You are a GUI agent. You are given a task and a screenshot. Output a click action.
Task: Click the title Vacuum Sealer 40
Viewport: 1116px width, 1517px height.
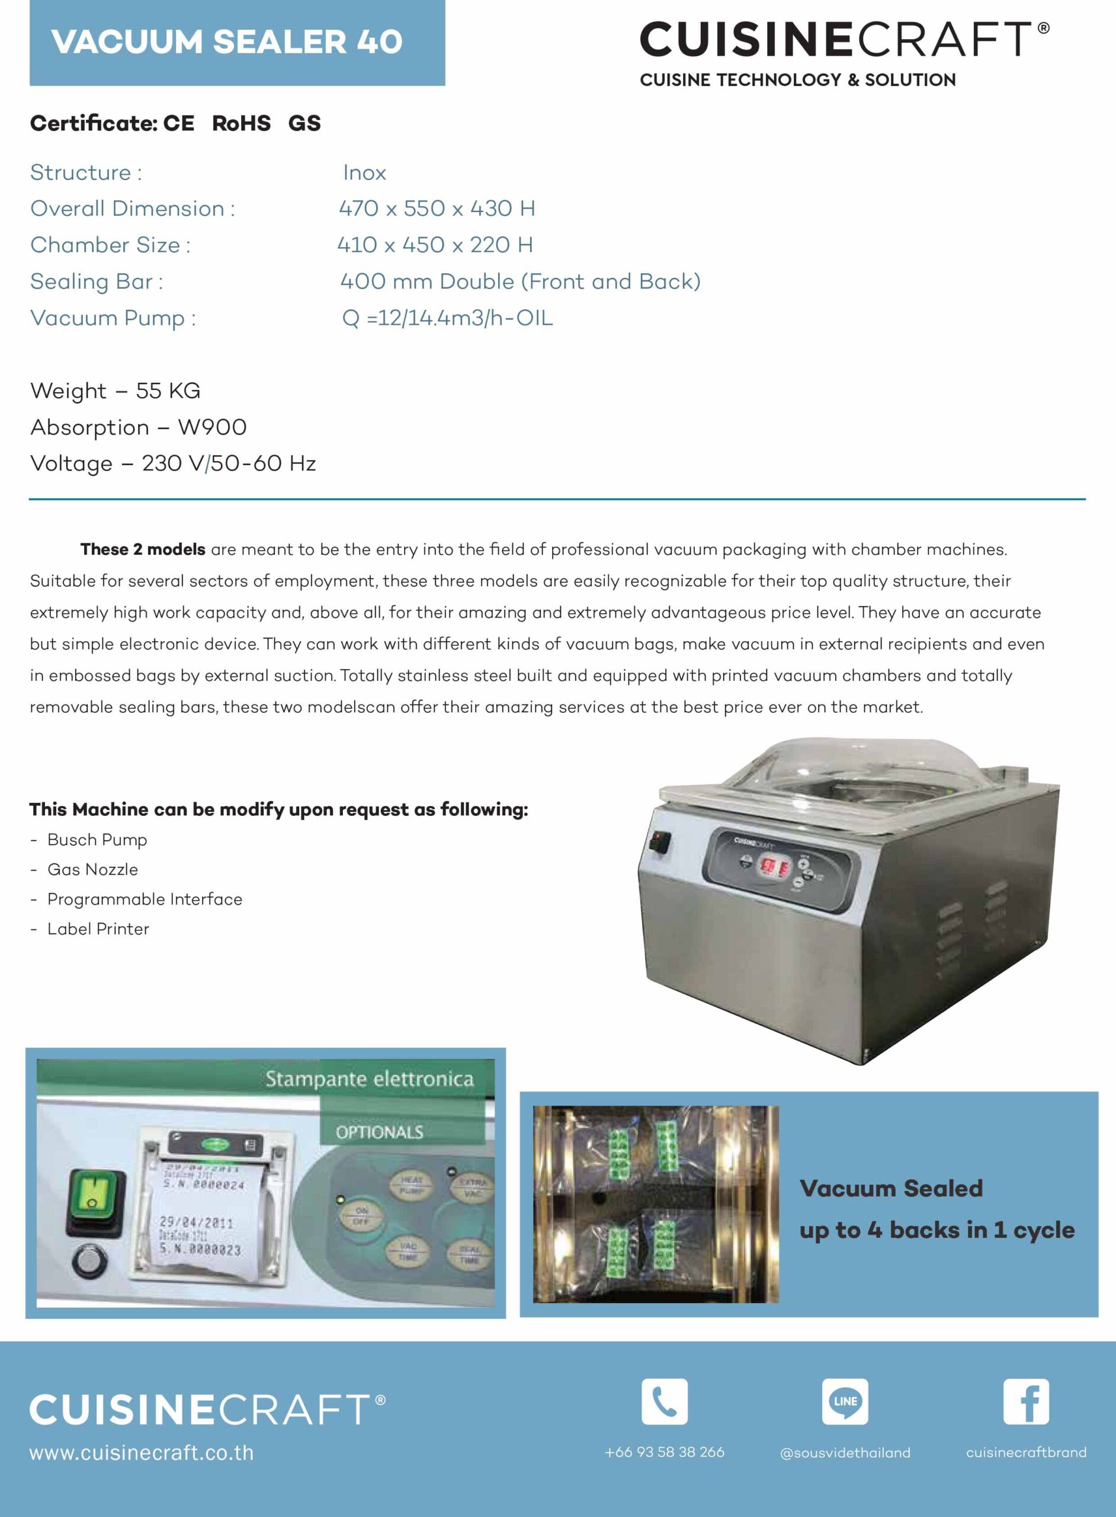[x=226, y=42]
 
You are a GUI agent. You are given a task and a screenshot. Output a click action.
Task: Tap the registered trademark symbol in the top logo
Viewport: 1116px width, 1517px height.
[x=1043, y=28]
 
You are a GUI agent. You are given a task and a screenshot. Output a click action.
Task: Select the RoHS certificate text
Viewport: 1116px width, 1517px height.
[x=241, y=123]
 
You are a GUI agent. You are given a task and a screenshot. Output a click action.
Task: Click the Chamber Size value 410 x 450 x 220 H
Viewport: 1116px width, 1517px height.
[x=435, y=245]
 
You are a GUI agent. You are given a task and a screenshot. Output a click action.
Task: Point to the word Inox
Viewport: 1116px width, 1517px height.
[x=364, y=173]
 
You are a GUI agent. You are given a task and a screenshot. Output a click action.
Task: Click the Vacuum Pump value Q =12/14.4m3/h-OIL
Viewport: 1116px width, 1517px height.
[x=447, y=318]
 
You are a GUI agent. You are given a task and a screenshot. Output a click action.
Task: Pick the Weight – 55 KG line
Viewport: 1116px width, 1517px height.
[x=116, y=391]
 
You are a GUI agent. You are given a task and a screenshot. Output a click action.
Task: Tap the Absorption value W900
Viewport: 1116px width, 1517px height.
[x=212, y=427]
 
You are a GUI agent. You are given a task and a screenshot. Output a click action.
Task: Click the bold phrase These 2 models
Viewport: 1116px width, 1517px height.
[x=143, y=549]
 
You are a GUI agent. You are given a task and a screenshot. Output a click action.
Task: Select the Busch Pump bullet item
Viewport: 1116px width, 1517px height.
[x=97, y=840]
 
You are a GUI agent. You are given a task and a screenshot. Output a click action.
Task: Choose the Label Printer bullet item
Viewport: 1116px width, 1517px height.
[x=98, y=929]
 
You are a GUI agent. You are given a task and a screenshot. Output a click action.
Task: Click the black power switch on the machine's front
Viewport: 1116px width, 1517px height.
[x=660, y=843]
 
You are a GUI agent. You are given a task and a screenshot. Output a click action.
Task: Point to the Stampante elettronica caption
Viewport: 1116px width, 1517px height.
[x=369, y=1079]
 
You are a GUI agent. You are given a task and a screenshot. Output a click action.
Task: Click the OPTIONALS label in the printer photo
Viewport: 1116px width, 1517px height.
[x=379, y=1132]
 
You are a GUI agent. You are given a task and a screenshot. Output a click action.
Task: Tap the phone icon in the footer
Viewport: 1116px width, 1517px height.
[x=664, y=1401]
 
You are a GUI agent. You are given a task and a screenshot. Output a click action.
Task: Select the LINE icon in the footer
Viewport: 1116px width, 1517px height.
[x=845, y=1401]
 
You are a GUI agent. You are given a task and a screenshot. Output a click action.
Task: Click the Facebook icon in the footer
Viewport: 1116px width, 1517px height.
[x=1025, y=1401]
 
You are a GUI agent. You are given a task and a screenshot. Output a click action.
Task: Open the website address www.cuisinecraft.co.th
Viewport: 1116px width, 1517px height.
[x=141, y=1453]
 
